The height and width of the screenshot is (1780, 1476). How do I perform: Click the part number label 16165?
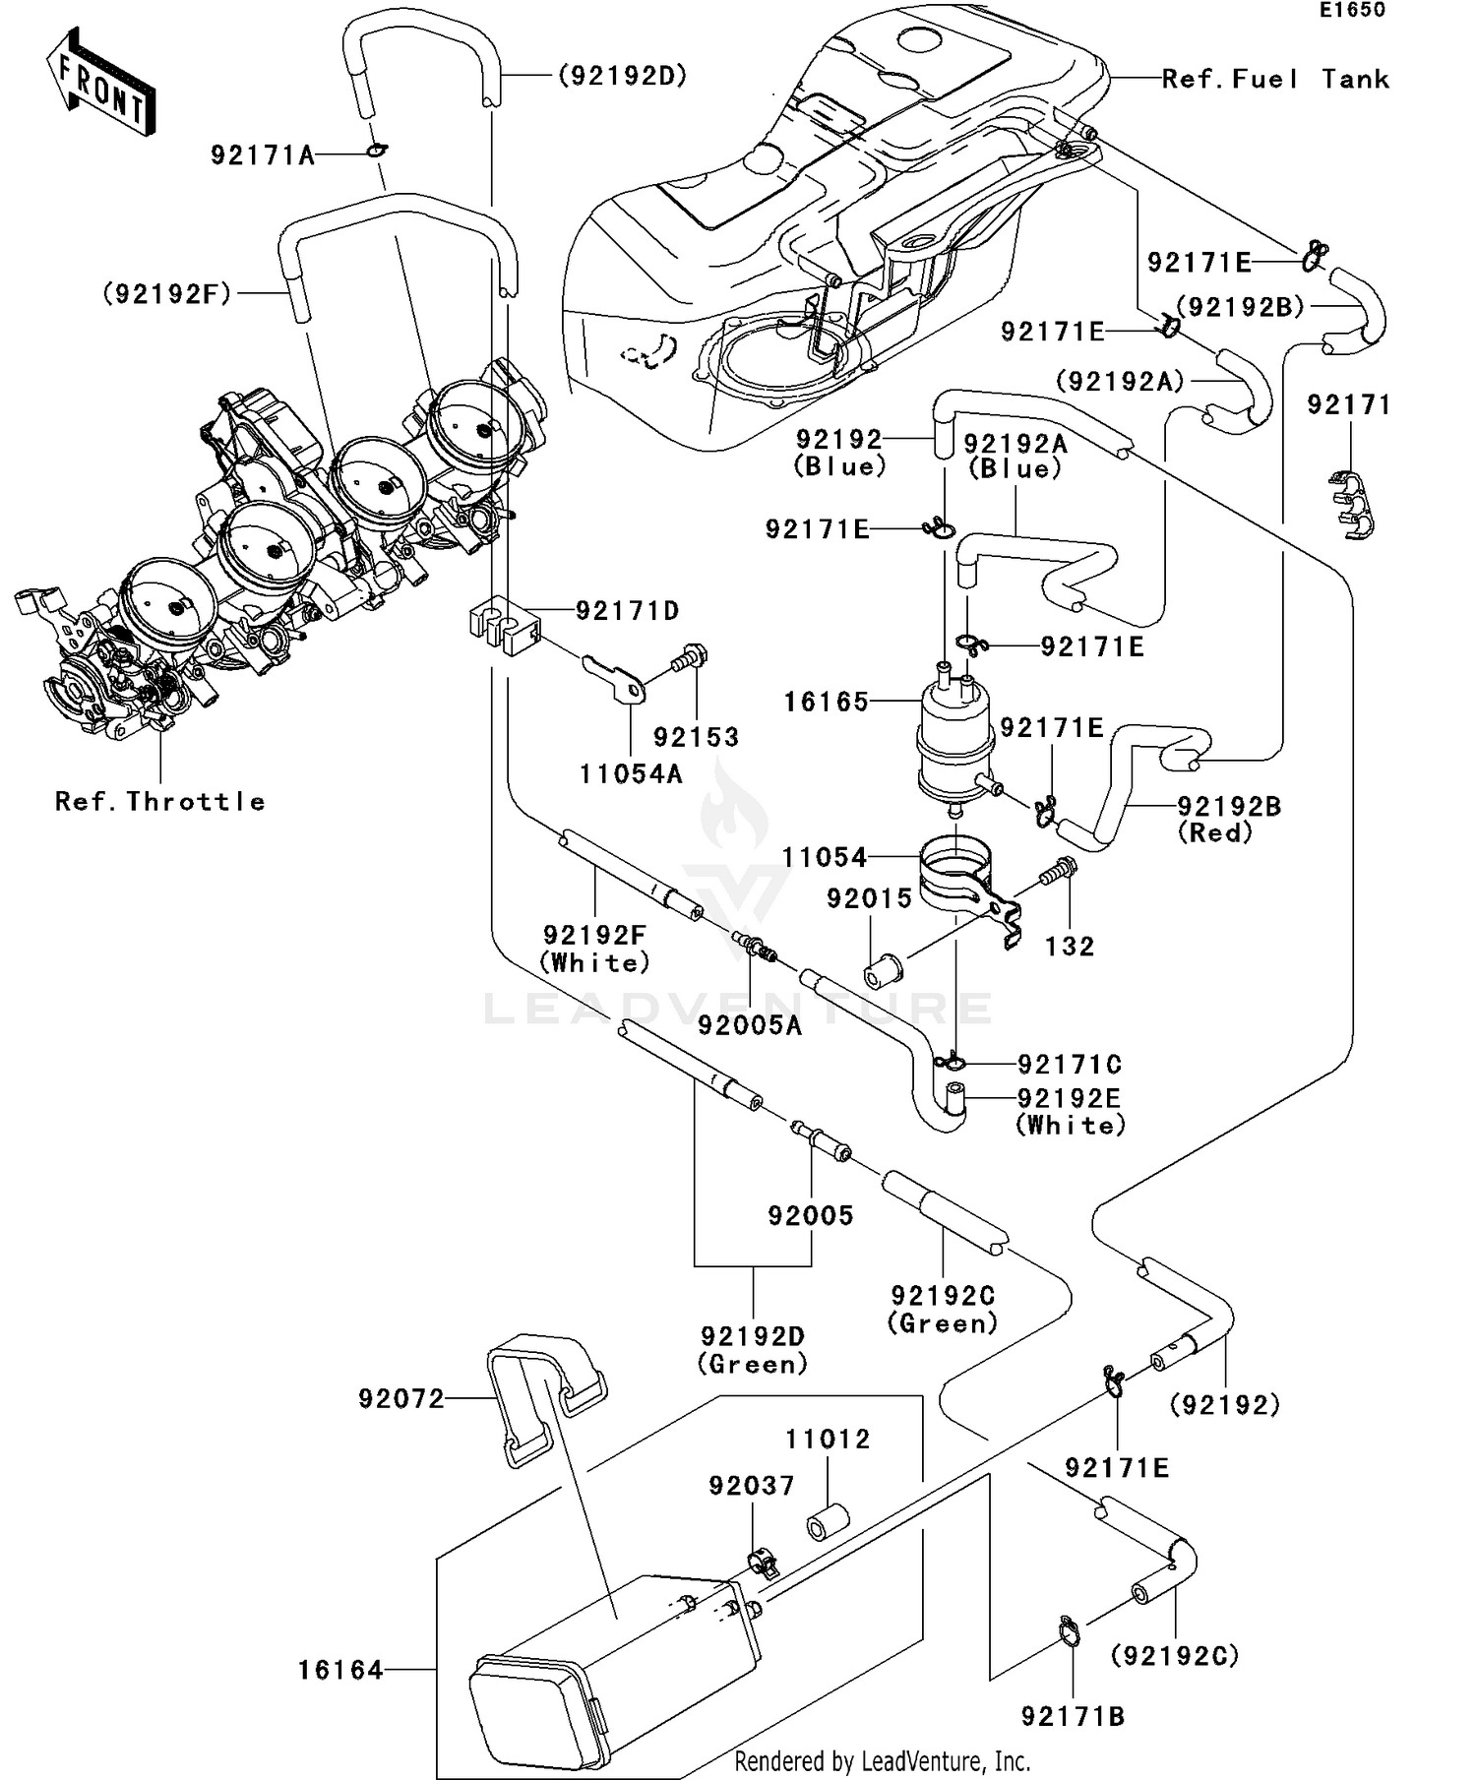pyautogui.click(x=826, y=702)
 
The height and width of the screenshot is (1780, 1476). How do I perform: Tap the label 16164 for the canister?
pyautogui.click(x=340, y=1670)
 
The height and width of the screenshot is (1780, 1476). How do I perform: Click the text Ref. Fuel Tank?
pyautogui.click(x=1275, y=79)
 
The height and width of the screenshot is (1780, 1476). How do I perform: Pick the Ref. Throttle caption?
pyautogui.click(x=159, y=801)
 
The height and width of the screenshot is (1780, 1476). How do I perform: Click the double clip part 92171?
pyautogui.click(x=1353, y=505)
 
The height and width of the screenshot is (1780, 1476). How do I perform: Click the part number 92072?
pyautogui.click(x=401, y=1398)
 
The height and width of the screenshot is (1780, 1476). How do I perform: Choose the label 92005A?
pyautogui.click(x=750, y=1025)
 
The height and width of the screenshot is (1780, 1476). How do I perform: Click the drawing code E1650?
pyautogui.click(x=1353, y=10)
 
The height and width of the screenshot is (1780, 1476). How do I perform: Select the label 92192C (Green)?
pyautogui.click(x=943, y=1309)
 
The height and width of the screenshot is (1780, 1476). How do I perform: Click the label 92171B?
pyautogui.click(x=1073, y=1716)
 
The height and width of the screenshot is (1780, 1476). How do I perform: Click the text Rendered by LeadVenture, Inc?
pyautogui.click(x=882, y=1760)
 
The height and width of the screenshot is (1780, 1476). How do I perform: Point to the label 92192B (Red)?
pyautogui.click(x=1229, y=819)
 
